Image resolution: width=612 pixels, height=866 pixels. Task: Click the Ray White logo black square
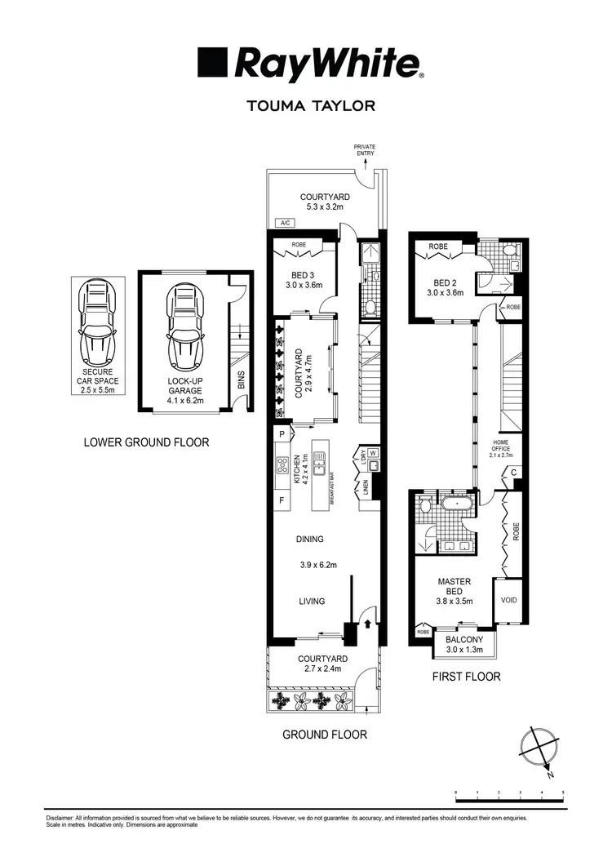pos(212,63)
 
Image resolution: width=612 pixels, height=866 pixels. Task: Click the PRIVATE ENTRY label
pos(364,149)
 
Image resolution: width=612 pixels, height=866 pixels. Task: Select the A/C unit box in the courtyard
pos(286,222)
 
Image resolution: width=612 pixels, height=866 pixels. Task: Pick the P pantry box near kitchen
pos(282,434)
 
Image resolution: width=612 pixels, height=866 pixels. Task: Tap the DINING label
pos(310,539)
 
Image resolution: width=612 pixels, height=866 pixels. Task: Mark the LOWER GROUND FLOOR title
pos(147,442)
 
